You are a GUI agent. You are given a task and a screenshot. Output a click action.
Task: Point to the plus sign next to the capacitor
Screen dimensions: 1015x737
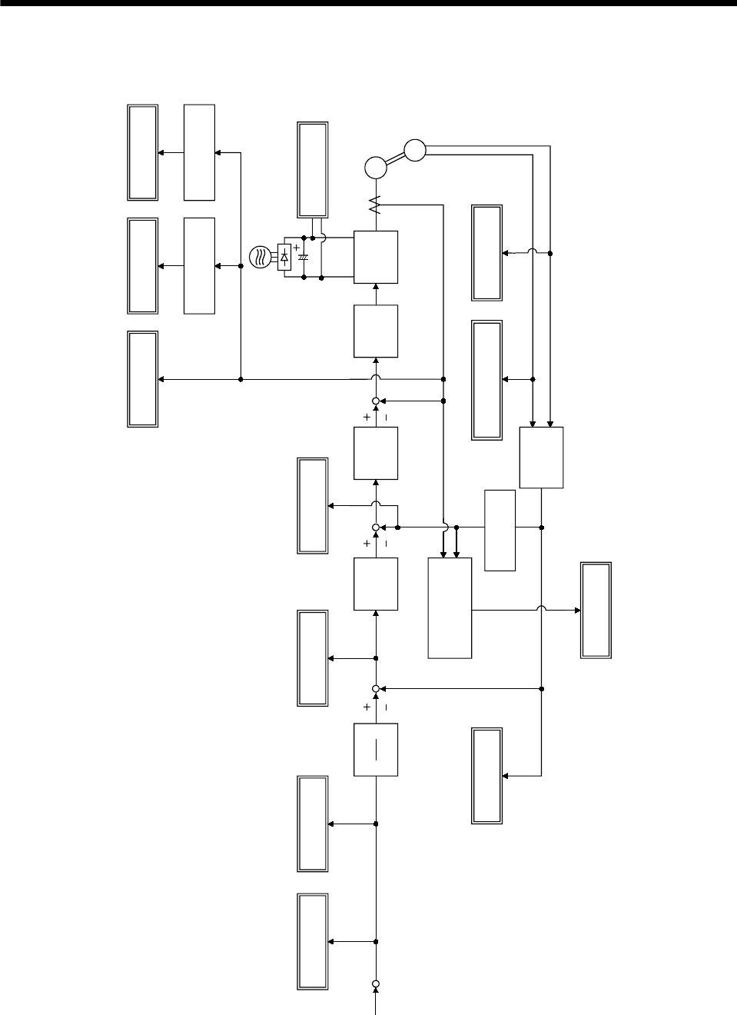click(x=297, y=248)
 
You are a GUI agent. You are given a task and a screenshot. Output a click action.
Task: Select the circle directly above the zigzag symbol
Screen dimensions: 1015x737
click(x=376, y=168)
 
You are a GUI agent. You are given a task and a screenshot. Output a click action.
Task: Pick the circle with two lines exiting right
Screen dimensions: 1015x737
click(x=414, y=151)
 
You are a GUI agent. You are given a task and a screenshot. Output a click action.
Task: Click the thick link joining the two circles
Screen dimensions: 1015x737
click(x=395, y=159)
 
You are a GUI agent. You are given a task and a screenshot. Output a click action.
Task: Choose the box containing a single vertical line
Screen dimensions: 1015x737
click(x=376, y=750)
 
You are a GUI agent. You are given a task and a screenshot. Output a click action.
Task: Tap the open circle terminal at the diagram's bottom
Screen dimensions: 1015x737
click(x=376, y=983)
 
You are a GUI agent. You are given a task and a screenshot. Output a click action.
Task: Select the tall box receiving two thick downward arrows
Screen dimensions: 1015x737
click(x=450, y=607)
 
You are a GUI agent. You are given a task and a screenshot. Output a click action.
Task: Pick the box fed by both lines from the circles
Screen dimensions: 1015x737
click(x=541, y=457)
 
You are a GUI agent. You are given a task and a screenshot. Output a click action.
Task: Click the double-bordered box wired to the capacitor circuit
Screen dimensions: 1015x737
click(x=313, y=169)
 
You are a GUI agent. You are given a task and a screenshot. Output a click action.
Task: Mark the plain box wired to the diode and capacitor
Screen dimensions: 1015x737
click(x=376, y=257)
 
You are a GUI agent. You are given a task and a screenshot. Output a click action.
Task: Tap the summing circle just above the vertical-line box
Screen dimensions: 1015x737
click(x=376, y=688)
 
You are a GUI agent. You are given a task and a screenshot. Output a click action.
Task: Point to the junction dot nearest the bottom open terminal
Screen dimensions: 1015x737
click(x=376, y=942)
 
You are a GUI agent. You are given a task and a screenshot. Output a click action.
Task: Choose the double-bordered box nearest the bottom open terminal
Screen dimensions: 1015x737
click(x=313, y=942)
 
